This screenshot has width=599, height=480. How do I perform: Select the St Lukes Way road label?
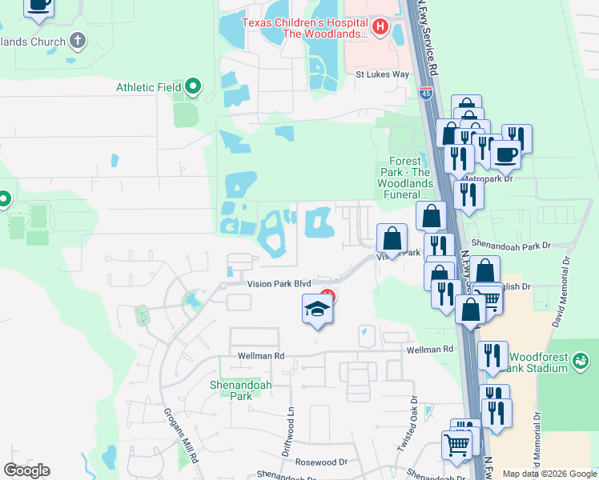pos(383,74)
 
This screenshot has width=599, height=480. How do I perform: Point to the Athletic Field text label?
pos(149,87)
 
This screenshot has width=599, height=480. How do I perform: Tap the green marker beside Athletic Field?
pos(192,86)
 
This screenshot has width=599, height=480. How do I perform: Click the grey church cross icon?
pos(78,39)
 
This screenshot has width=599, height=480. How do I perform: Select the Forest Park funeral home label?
pos(404,177)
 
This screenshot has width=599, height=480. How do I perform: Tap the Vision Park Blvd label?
pos(279,284)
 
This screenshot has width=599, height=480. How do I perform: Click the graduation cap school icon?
pos(317,310)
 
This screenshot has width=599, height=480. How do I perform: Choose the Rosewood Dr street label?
pos(320,462)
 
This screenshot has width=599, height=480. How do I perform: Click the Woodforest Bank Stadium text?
pos(537,361)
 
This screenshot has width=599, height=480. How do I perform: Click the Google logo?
pos(26,470)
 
